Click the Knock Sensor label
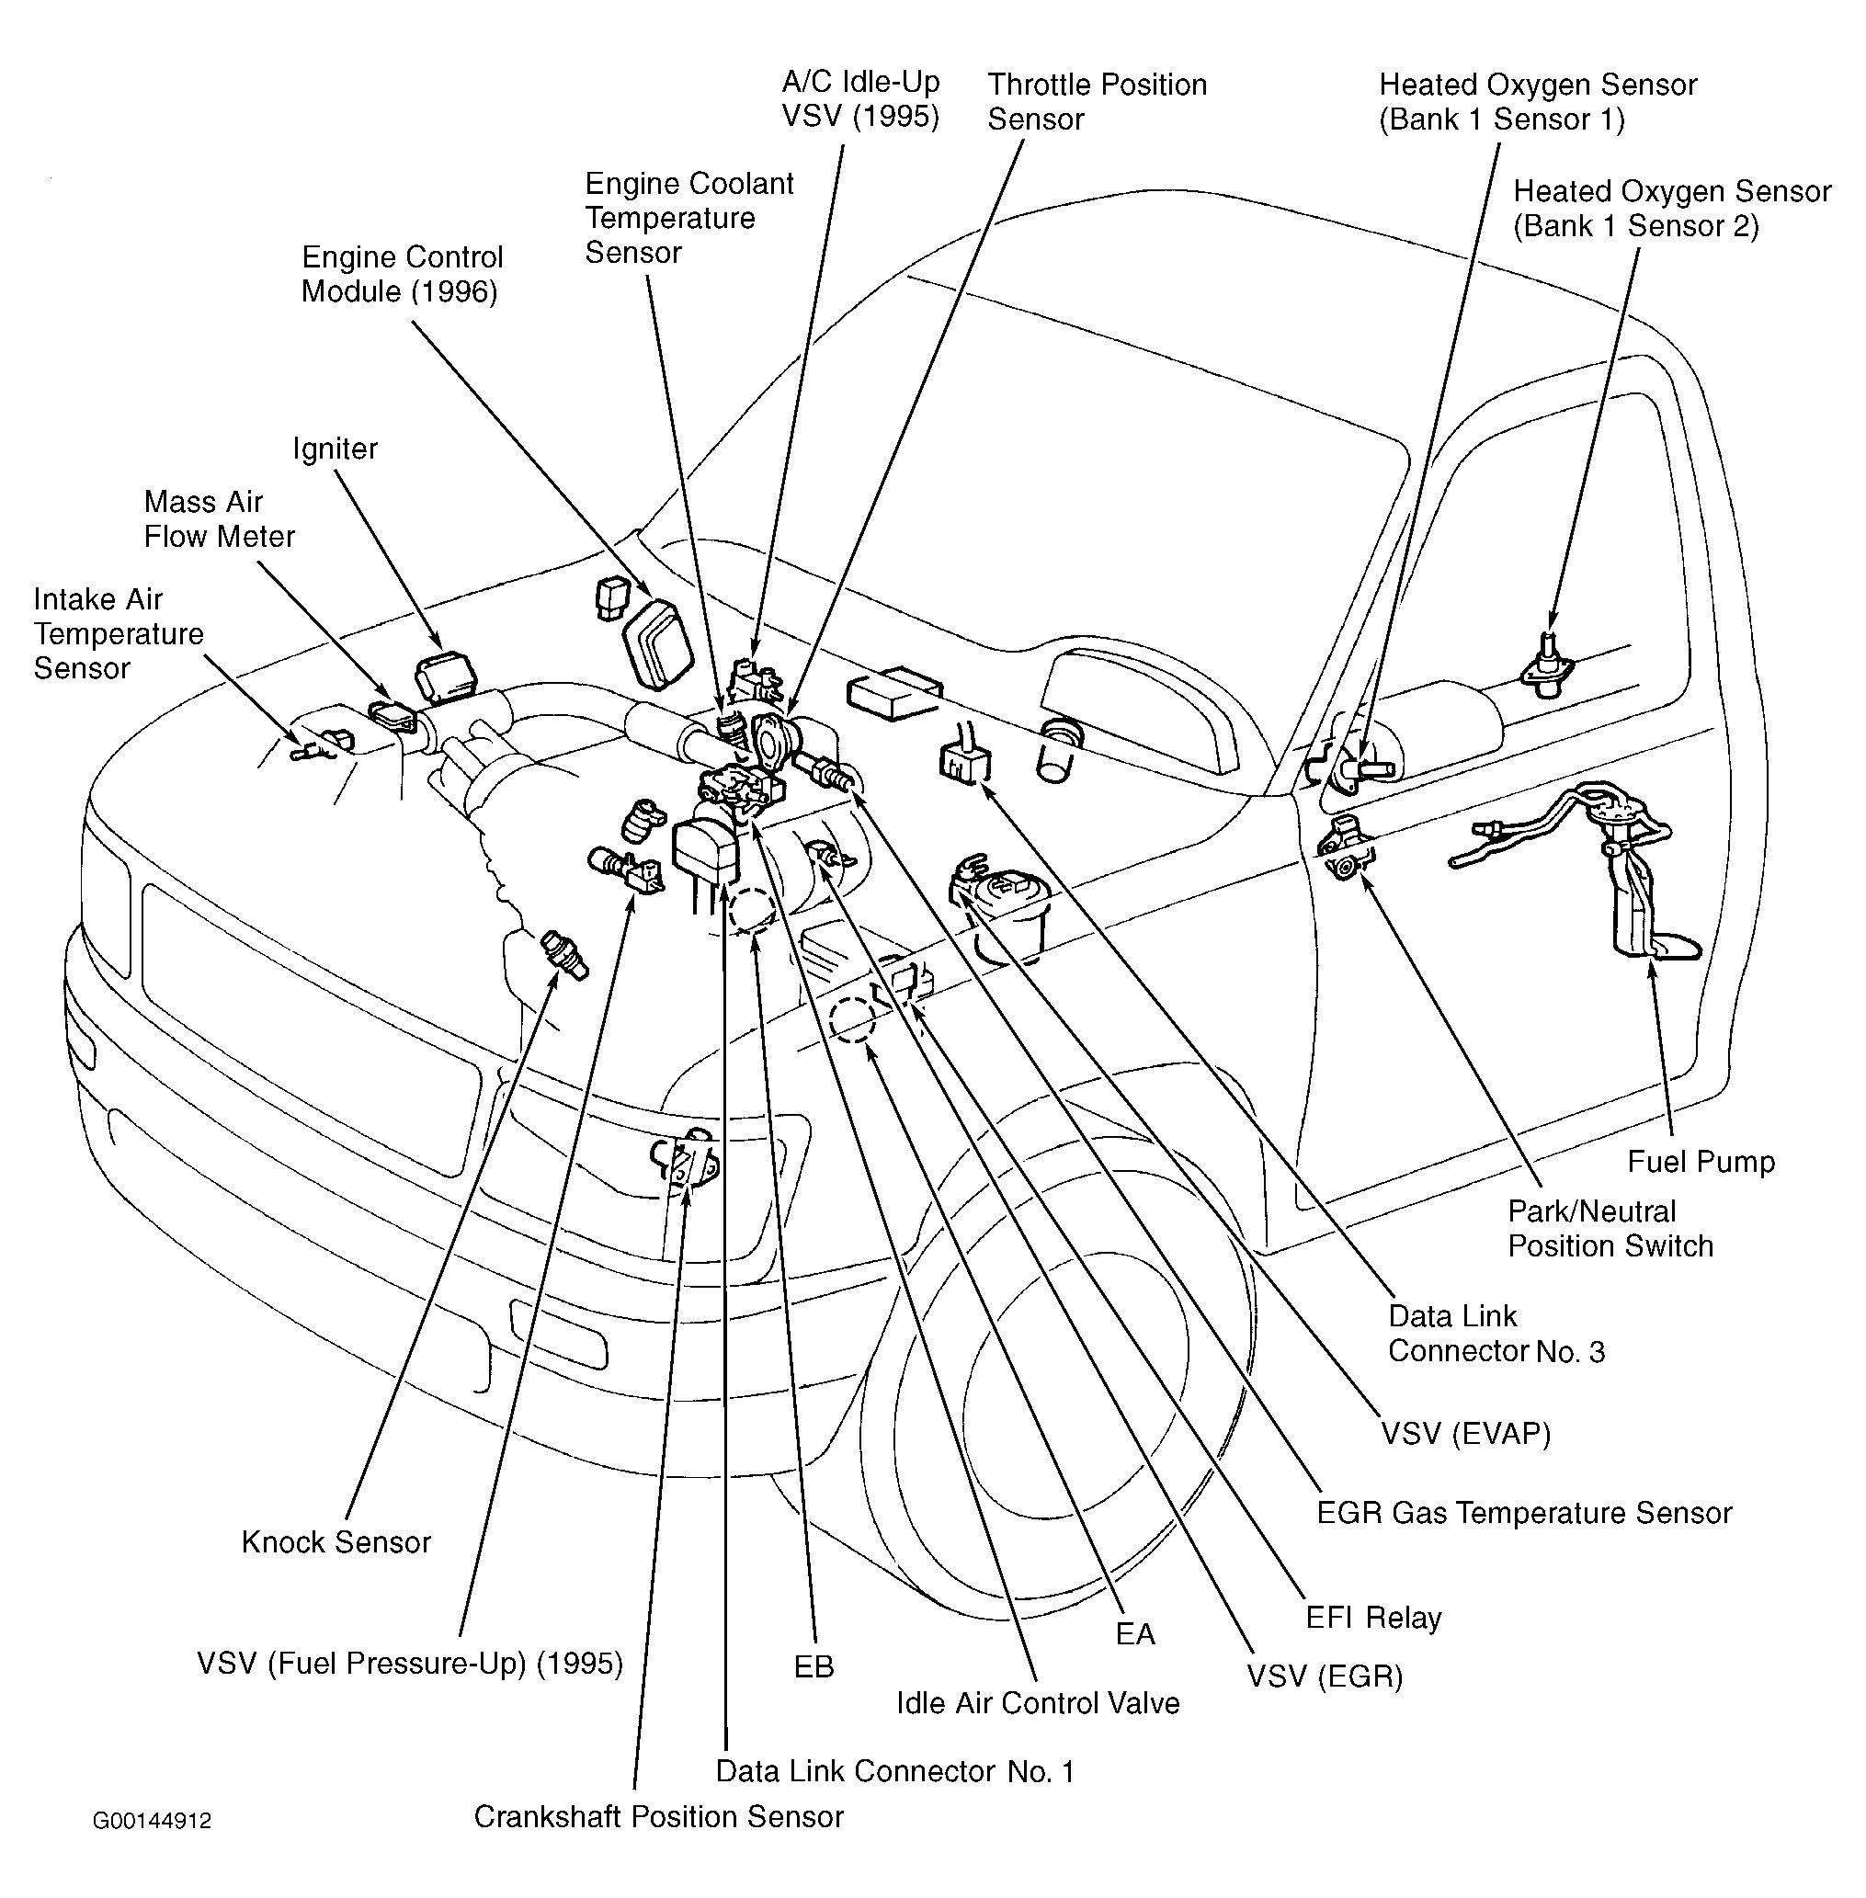pyautogui.click(x=336, y=1542)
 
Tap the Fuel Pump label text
pyautogui.click(x=1701, y=1162)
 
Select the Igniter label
pyautogui.click(x=336, y=449)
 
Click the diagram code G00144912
pyautogui.click(x=152, y=1821)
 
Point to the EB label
pyautogui.click(x=814, y=1666)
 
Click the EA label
pyautogui.click(x=1135, y=1633)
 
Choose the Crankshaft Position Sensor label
pyautogui.click(x=658, y=1817)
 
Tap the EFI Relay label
pyautogui.click(x=1373, y=1617)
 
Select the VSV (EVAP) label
pyautogui.click(x=1466, y=1434)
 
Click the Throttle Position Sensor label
pyautogui.click(x=1097, y=102)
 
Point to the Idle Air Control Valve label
pyautogui.click(x=1038, y=1703)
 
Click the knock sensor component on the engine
pyautogui.click(x=564, y=955)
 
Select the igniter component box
pyautogui.click(x=446, y=677)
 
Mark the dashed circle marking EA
pyautogui.click(x=852, y=1020)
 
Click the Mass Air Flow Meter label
pyautogui.click(x=219, y=519)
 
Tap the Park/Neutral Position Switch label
pyautogui.click(x=1610, y=1229)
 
